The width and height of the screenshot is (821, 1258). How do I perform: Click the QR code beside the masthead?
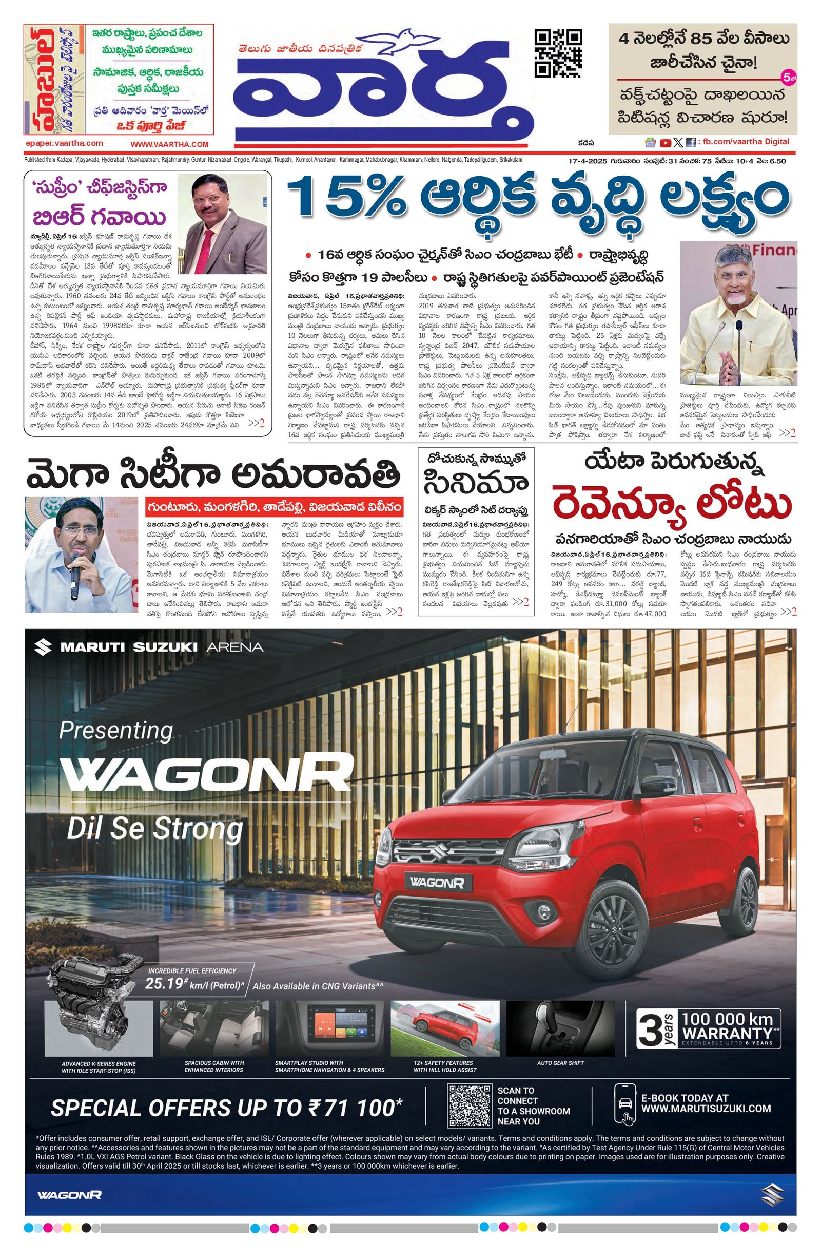click(x=558, y=53)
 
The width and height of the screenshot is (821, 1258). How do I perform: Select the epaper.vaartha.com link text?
click(x=64, y=143)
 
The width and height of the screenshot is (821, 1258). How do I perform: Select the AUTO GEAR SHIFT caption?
click(x=560, y=1062)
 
